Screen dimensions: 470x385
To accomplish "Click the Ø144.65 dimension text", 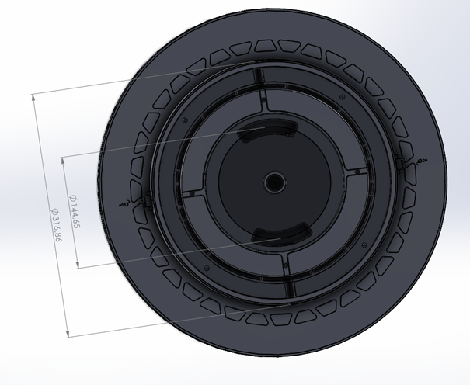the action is tap(75, 211).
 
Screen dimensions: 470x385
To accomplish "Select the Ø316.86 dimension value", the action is tap(57, 225).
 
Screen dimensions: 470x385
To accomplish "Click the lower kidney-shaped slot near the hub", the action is tap(280, 234).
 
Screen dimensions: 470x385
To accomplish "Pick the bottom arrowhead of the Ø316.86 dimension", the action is tap(68, 333).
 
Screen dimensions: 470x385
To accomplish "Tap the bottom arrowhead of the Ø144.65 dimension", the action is tap(78, 264).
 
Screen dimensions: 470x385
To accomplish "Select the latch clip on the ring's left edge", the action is tap(144, 200).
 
